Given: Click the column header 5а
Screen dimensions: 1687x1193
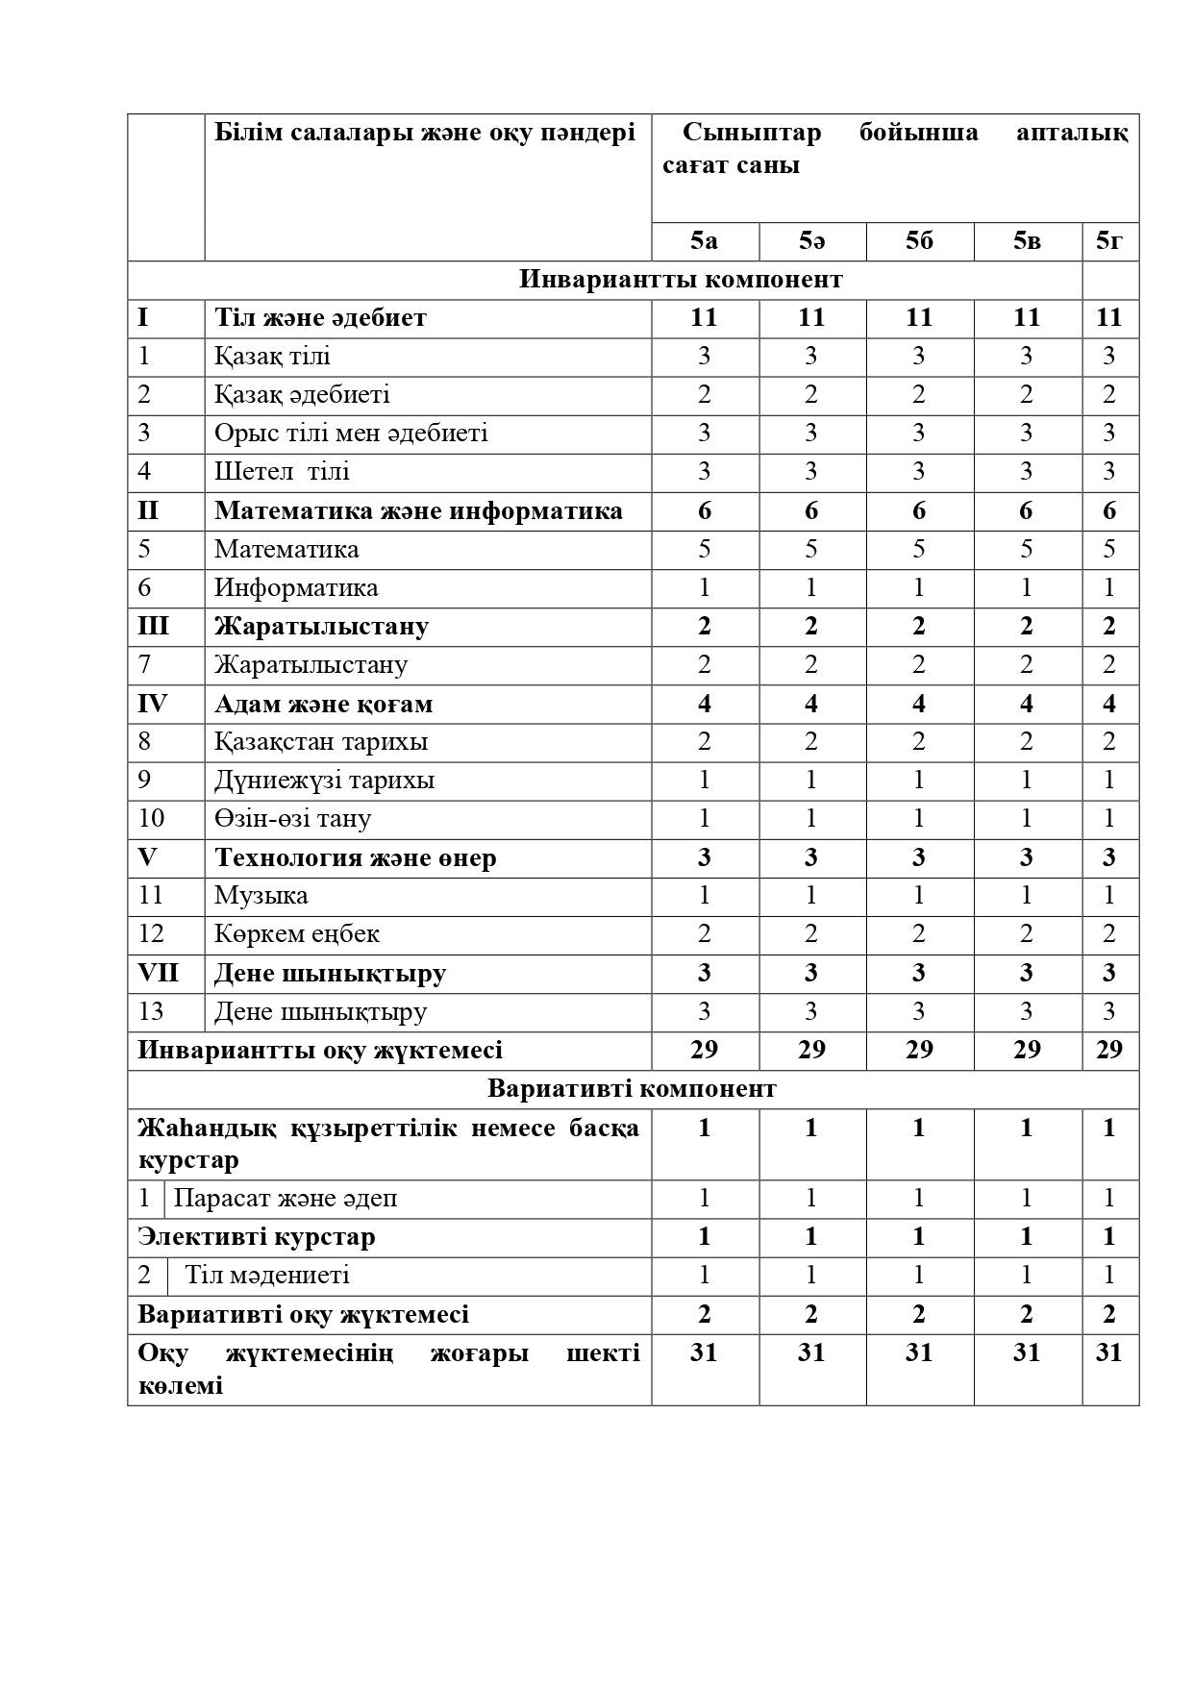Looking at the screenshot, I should [x=704, y=240].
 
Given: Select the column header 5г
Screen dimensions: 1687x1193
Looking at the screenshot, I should [x=1109, y=240].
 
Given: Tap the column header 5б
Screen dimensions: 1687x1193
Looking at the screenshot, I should [x=919, y=240].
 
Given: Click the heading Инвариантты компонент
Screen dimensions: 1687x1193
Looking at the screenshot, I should [x=681, y=279].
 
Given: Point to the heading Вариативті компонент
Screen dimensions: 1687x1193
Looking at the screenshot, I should [x=632, y=1088].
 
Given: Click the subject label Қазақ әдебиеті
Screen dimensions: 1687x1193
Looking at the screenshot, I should [x=302, y=394].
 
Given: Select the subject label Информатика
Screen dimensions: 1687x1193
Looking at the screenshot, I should [x=296, y=587].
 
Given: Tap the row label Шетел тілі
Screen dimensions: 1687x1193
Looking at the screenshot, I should [x=282, y=471].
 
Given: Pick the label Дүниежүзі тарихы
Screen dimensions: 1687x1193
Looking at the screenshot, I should [x=324, y=780].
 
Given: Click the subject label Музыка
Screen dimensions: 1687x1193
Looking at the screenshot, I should [x=261, y=895].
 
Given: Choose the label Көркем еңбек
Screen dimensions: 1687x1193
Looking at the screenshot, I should [x=296, y=933].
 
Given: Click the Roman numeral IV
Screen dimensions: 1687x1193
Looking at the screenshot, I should [x=152, y=704].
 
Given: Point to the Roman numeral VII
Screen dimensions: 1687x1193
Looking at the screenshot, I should [x=158, y=973].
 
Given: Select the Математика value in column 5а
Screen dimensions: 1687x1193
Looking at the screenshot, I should [x=704, y=549].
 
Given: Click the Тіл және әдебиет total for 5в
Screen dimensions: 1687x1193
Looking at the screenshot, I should [x=1027, y=317].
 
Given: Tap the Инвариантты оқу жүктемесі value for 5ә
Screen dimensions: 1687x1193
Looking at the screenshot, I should [x=811, y=1050].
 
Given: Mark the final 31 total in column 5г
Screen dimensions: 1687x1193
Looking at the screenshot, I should [x=1109, y=1352].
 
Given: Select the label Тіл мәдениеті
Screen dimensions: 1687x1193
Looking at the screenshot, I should [x=267, y=1276].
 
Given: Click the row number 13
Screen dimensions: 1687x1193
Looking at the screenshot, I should [x=150, y=1011].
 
